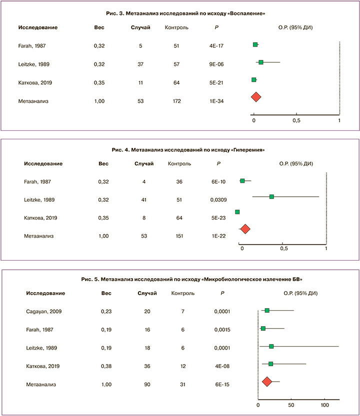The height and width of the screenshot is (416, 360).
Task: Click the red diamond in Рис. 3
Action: (256, 97)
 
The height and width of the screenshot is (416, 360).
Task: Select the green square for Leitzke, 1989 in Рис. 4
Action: (271, 197)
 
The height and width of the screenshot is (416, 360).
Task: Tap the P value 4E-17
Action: (217, 45)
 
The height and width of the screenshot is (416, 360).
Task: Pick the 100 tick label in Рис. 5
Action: (324, 404)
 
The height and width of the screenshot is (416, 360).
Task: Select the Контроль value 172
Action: (176, 101)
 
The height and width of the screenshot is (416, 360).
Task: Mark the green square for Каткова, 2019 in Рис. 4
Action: (237, 213)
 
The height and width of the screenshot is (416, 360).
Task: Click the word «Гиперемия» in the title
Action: (249, 149)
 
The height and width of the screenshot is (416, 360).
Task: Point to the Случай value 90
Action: (146, 384)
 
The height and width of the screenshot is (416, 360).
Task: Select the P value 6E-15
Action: (221, 384)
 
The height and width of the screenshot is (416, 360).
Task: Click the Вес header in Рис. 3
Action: (99, 27)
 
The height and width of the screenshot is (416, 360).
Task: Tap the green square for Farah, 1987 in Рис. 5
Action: (263, 329)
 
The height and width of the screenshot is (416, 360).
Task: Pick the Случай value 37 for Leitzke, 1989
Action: (141, 64)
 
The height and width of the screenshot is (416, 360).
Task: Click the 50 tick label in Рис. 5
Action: (291, 404)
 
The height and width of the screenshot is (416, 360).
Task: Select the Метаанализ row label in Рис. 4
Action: (40, 236)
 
